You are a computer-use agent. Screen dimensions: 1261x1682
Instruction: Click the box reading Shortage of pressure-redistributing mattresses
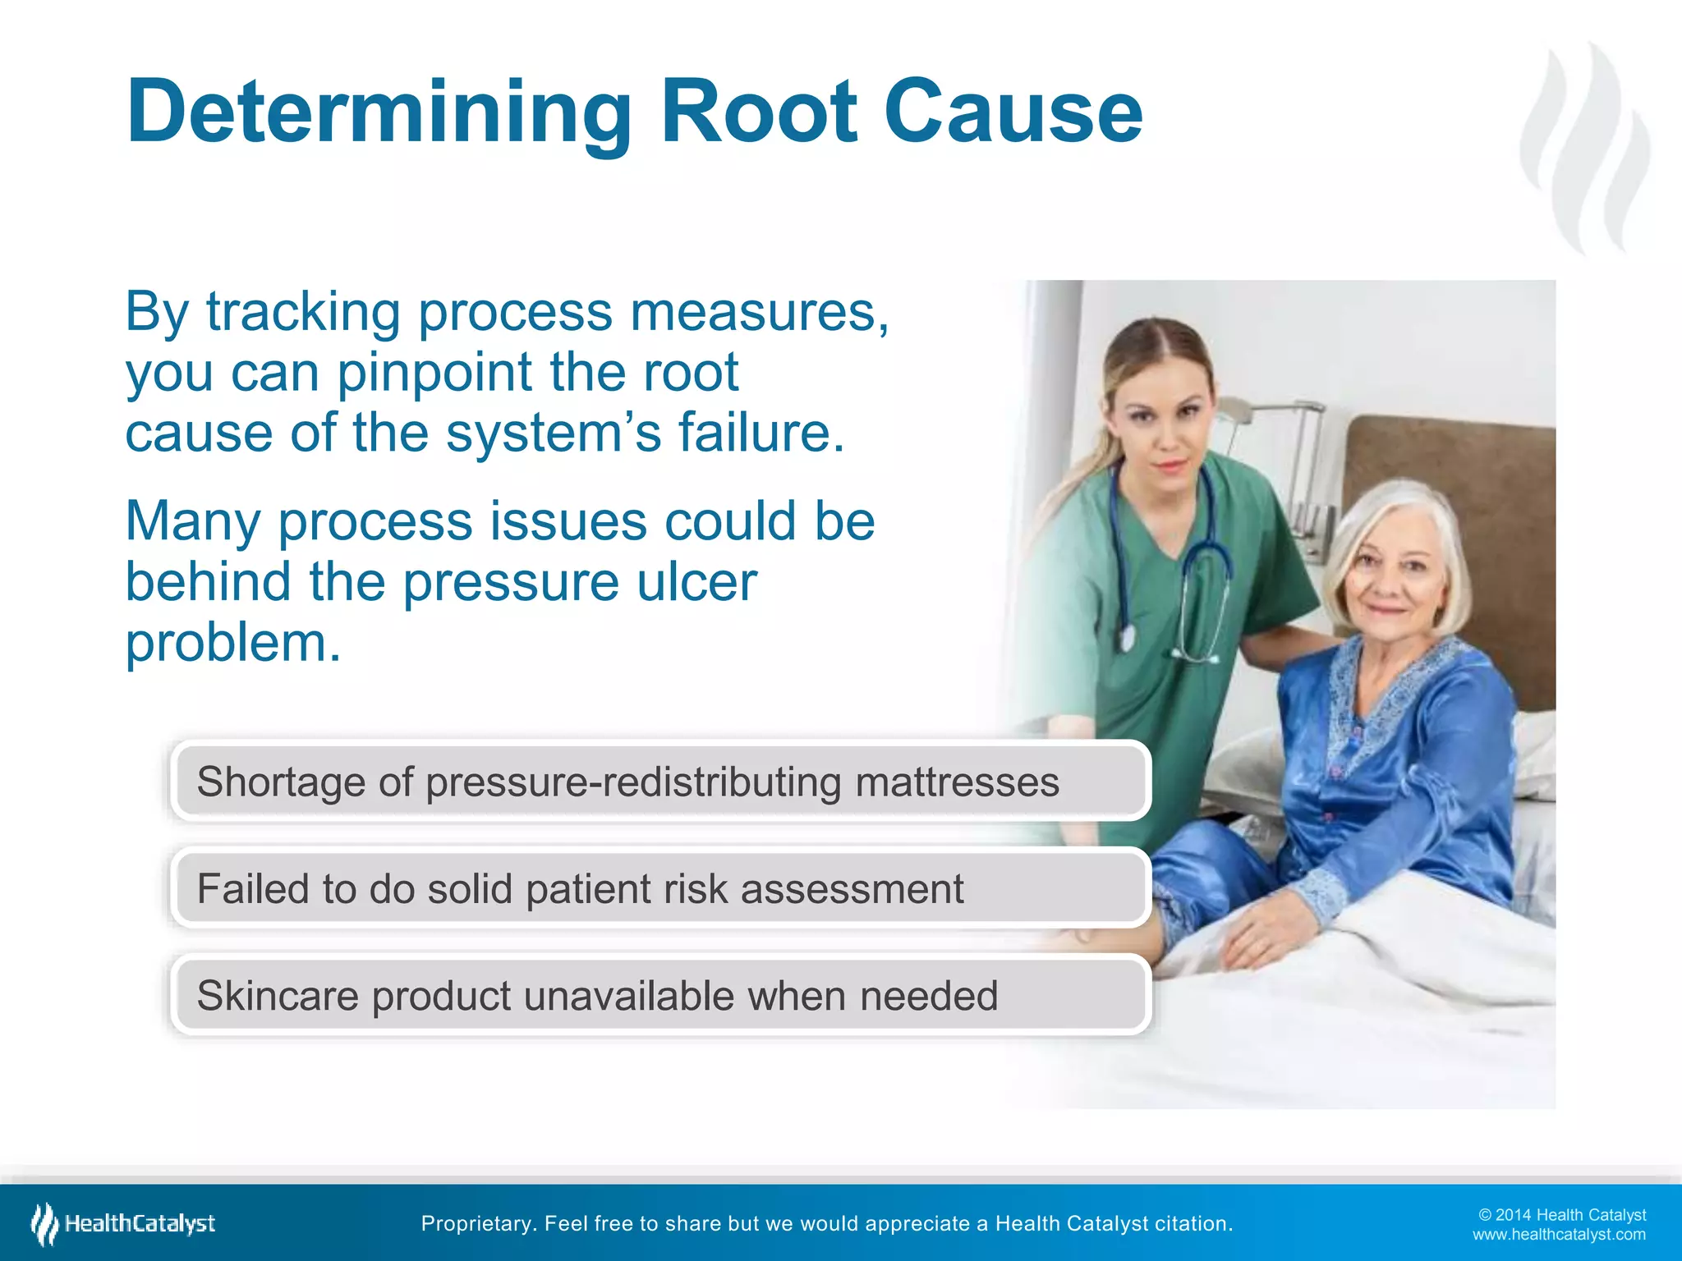click(660, 781)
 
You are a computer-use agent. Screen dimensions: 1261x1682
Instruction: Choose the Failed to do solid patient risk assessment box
click(660, 888)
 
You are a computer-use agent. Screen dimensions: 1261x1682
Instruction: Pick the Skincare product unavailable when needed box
click(660, 995)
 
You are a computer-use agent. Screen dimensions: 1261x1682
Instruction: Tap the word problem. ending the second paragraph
click(232, 643)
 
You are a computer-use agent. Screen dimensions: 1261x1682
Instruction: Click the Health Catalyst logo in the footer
click(123, 1223)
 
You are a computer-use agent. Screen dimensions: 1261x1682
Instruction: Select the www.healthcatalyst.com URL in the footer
click(1558, 1235)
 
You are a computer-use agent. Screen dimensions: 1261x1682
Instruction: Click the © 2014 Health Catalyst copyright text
click(1561, 1215)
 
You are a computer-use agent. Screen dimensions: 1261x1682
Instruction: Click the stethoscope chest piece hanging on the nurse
click(1127, 636)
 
